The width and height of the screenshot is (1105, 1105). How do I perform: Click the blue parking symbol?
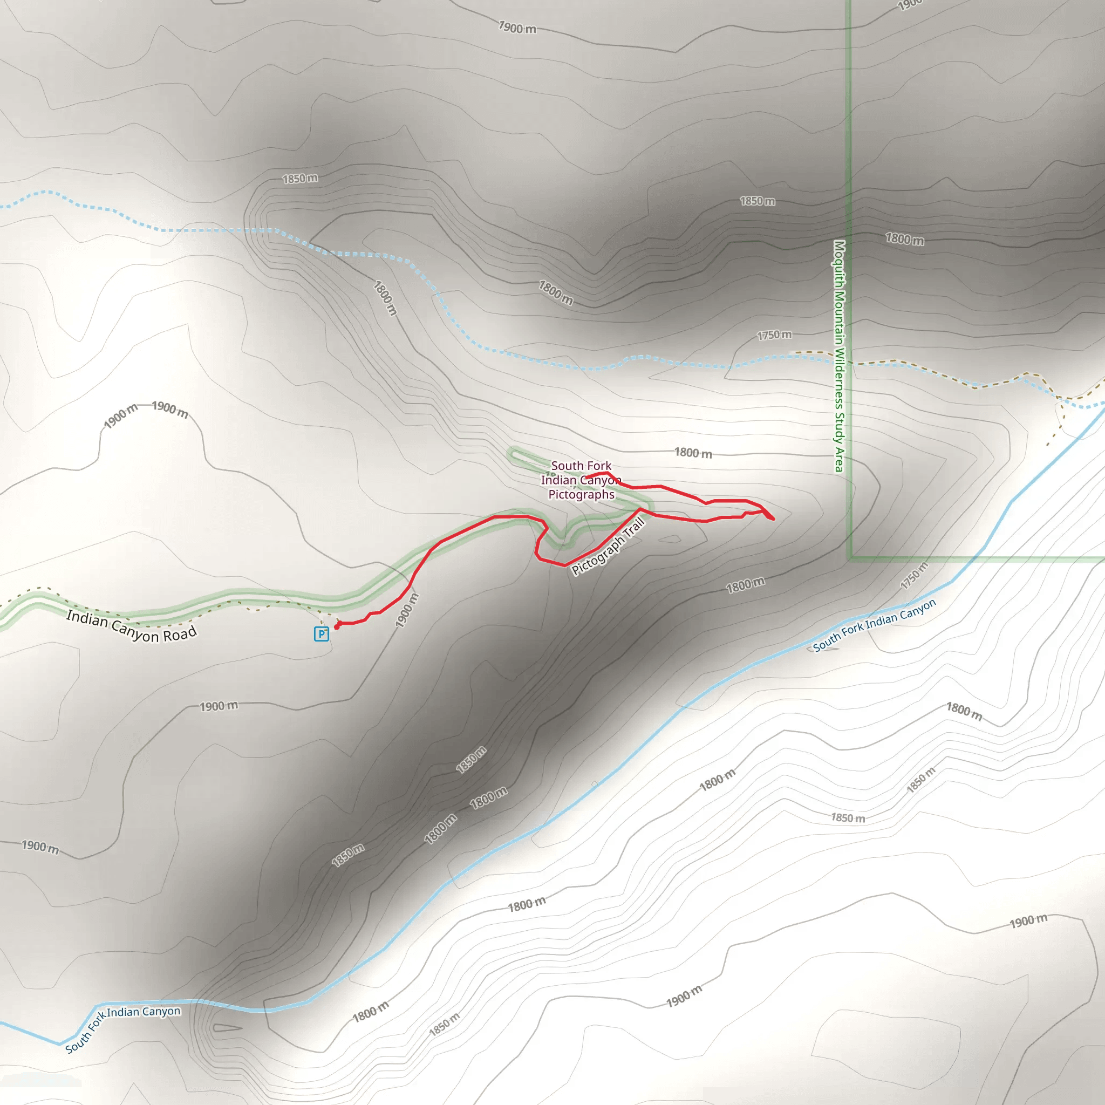[322, 634]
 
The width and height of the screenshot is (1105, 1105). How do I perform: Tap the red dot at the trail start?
[337, 627]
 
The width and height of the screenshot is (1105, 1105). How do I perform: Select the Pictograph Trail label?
[608, 545]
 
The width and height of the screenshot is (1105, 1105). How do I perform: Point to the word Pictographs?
[581, 495]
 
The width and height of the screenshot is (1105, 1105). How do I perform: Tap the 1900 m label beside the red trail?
[407, 610]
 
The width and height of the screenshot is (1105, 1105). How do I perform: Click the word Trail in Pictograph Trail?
[634, 528]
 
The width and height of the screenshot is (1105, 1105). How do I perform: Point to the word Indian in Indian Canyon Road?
[87, 619]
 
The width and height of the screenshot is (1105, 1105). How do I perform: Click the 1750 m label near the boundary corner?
[914, 575]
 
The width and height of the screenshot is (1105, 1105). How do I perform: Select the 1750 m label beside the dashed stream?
[774, 335]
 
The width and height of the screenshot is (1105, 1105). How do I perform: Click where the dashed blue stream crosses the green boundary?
[849, 363]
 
